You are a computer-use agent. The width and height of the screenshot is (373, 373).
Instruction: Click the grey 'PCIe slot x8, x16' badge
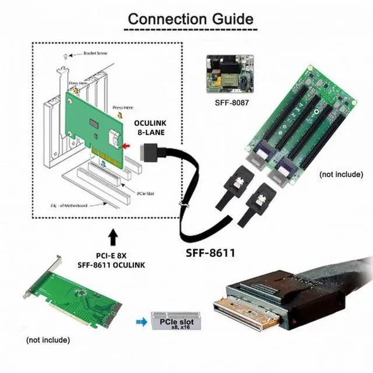172,321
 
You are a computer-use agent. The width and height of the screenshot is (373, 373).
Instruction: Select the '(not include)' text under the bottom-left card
48,340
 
